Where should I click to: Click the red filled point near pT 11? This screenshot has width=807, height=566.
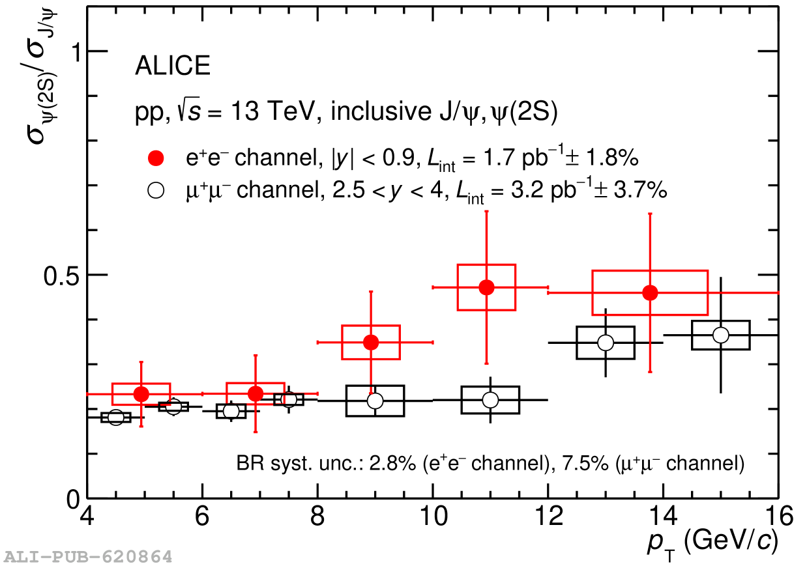point(486,287)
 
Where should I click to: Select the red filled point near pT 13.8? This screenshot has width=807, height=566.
point(649,292)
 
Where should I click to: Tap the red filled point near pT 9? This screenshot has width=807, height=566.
point(371,342)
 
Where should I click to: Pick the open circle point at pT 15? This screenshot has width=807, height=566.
point(720,335)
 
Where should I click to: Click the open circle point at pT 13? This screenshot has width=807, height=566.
point(606,343)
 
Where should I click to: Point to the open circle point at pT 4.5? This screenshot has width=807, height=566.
point(116,417)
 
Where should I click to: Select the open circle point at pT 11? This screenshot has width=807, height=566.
point(490,399)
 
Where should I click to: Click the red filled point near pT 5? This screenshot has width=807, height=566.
point(141,393)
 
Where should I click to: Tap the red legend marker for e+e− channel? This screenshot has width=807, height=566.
point(156,158)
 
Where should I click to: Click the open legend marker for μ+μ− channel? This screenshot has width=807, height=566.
point(156,190)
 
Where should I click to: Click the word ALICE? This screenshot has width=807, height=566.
point(172,66)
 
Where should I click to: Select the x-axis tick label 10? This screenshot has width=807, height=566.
point(432,517)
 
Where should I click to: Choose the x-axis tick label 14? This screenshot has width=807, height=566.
point(663,517)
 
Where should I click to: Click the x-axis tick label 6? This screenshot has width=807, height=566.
point(202,517)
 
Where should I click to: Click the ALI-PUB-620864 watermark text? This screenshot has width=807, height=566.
point(88,557)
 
